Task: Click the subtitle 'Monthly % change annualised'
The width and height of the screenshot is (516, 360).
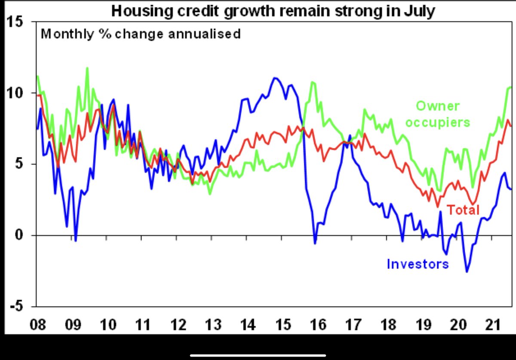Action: [x=141, y=34]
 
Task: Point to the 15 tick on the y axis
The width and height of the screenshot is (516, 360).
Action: [x=16, y=21]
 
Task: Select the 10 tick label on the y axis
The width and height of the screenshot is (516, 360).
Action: [x=16, y=93]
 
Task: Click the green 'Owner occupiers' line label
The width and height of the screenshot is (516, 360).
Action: [x=438, y=114]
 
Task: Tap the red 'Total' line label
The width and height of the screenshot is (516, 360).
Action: [x=463, y=210]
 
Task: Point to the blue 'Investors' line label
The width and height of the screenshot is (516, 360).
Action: [x=418, y=263]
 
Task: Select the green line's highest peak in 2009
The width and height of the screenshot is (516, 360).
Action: [x=87, y=68]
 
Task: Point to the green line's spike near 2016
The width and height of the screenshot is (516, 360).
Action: [x=313, y=82]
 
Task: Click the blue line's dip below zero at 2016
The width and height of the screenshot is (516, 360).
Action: [x=315, y=244]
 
